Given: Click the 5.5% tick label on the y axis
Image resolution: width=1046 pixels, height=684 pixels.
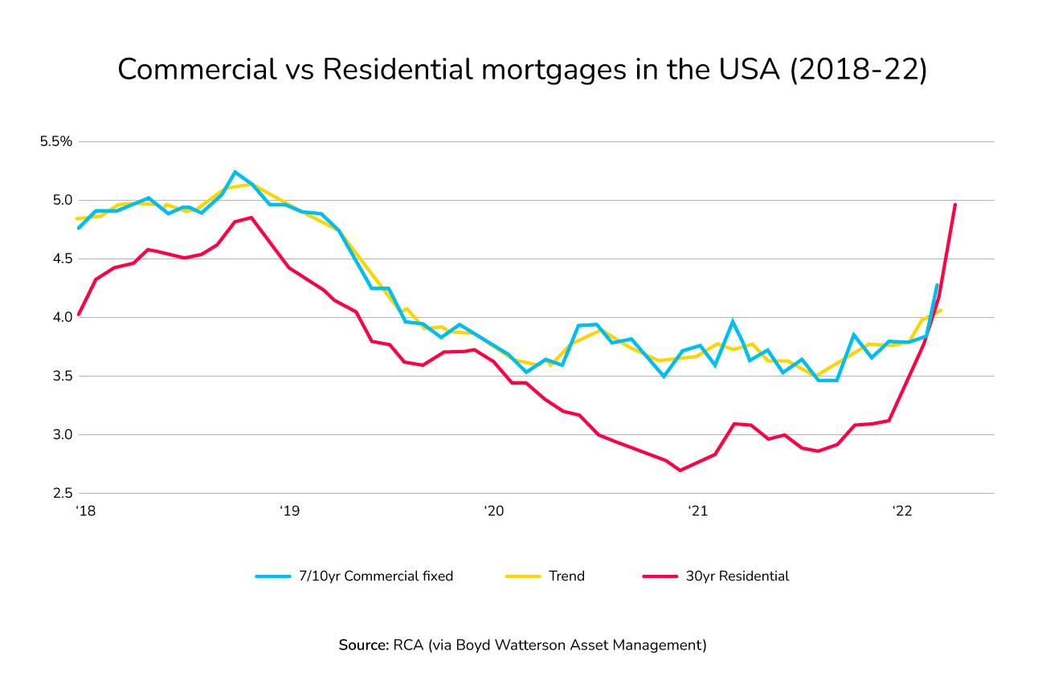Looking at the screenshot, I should click(x=56, y=141).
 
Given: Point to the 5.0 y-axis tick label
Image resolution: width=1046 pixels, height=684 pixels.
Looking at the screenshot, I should click(x=63, y=200).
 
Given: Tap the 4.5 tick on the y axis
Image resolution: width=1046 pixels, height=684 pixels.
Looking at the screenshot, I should click(x=63, y=259).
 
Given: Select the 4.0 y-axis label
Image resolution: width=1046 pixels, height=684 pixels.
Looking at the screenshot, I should click(x=63, y=317).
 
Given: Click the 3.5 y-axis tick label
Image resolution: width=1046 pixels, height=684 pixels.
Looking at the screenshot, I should click(x=63, y=376).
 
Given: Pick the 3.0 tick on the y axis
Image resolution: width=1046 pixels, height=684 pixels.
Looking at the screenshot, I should click(x=63, y=434).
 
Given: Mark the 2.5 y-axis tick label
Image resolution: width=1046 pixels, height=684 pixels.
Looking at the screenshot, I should click(x=63, y=493).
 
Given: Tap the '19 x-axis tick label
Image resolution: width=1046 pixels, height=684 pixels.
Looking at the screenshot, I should click(x=289, y=511).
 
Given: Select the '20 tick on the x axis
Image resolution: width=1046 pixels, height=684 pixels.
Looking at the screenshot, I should click(x=493, y=511).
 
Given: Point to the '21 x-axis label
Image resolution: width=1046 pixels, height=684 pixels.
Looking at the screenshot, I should click(x=697, y=511).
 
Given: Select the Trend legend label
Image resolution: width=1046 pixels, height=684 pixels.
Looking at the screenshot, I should click(x=566, y=576).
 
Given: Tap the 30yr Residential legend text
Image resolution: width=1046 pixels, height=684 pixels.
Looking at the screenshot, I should click(x=738, y=576).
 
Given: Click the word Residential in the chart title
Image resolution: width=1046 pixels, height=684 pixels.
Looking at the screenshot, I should click(x=397, y=70).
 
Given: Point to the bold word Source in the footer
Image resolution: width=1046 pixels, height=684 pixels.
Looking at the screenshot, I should click(x=363, y=645).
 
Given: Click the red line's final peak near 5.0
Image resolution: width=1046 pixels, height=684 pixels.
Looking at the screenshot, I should click(x=954, y=204).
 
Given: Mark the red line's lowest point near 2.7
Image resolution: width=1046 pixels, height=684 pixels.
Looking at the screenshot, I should click(x=680, y=470).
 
